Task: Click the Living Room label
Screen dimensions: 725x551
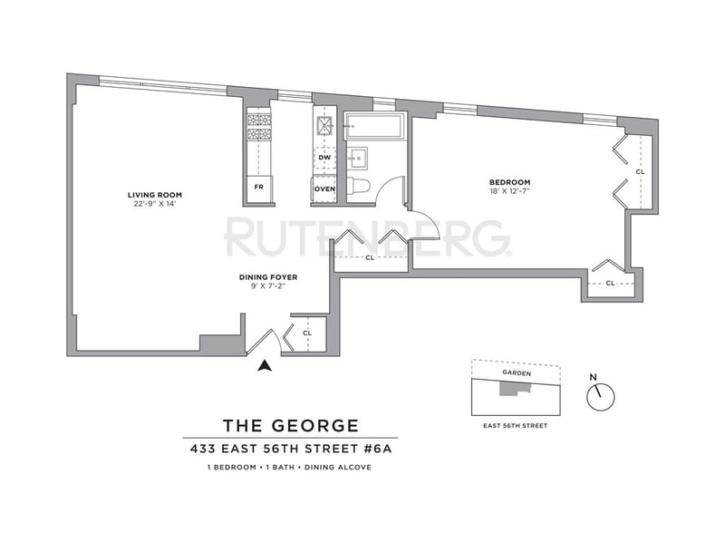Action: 155,195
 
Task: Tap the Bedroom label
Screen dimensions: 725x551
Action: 510,182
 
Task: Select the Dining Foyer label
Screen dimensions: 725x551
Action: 268,277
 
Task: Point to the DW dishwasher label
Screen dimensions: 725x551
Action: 325,158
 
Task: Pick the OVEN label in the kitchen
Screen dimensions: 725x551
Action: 324,189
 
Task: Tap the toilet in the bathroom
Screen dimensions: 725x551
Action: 358,187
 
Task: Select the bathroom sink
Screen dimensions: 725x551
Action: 357,158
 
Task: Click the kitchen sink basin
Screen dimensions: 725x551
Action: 324,125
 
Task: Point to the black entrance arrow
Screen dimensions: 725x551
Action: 264,365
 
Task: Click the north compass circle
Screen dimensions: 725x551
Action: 601,397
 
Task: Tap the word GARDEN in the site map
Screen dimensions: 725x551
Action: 517,373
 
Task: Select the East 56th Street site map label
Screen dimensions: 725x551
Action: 515,426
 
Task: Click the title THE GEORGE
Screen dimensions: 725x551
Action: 291,425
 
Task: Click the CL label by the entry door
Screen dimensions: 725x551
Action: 307,333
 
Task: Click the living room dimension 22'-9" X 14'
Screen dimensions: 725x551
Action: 155,204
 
